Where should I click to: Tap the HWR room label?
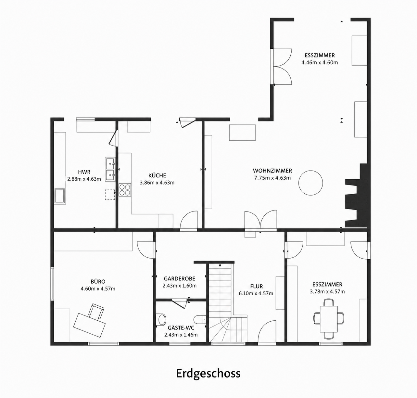84,172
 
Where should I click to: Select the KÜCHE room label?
157,175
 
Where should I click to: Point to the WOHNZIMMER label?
272,171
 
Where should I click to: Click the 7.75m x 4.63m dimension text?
272,178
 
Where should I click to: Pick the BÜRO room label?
98,281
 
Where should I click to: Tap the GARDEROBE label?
180,278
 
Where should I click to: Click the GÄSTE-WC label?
181,328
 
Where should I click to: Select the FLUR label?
257,286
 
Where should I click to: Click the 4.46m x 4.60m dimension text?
320,63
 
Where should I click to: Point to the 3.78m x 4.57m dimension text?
327,292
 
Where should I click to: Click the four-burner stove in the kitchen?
125,190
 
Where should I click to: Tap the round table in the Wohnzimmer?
311,183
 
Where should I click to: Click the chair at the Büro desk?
96,312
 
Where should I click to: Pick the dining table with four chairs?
329,319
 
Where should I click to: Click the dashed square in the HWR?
110,195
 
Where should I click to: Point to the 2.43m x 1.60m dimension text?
180,286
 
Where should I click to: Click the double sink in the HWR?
110,169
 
